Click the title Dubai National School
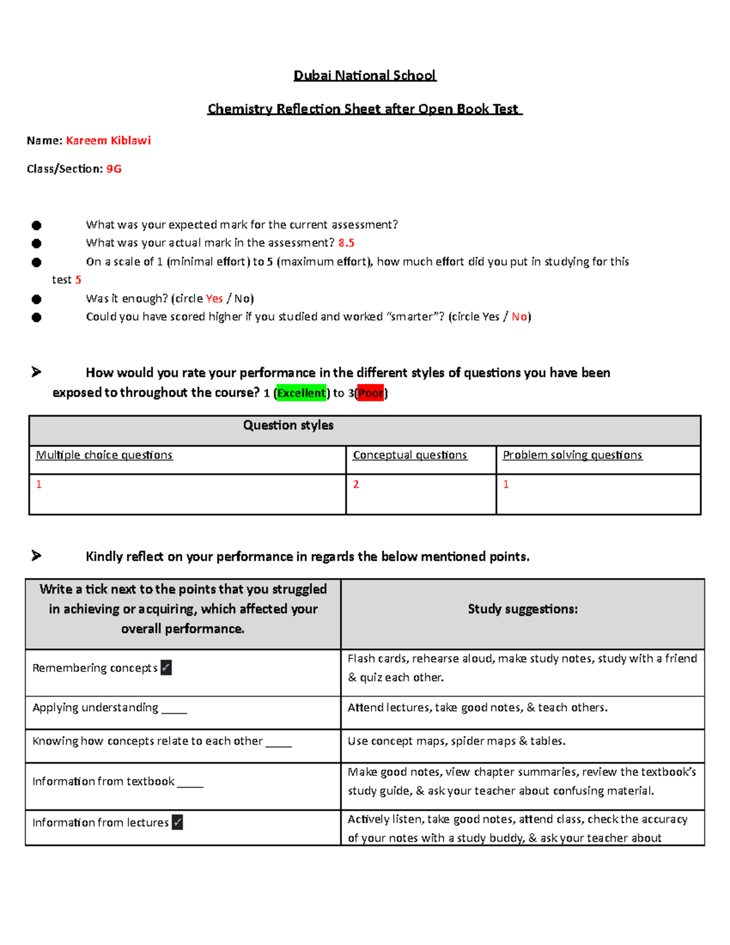(364, 75)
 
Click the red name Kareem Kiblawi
(108, 141)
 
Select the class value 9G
(114, 169)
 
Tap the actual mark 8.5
(346, 243)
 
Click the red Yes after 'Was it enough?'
(214, 299)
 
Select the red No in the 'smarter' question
(519, 316)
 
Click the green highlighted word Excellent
(301, 393)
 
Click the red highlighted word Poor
(370, 393)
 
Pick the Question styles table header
(288, 425)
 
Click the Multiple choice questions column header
(104, 455)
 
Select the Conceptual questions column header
(410, 455)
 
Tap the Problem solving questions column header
(572, 455)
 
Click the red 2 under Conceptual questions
(356, 484)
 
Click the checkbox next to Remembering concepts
(166, 668)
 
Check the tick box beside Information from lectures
(177, 822)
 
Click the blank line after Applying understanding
(175, 710)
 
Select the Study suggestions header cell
(523, 609)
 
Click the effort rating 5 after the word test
(78, 280)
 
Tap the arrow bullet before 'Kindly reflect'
(36, 556)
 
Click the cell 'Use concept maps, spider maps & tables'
(457, 741)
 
